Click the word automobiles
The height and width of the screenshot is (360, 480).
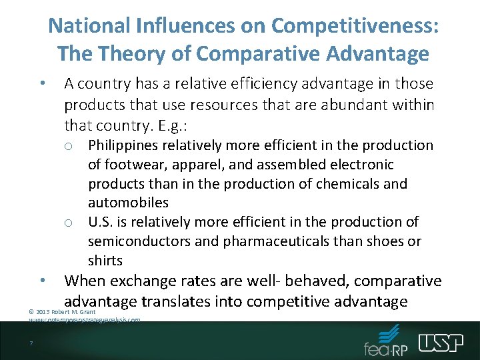[128, 202]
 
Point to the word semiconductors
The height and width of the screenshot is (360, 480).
[137, 241]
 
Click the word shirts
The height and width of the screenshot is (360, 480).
[105, 259]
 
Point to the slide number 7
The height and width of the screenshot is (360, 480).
[31, 344]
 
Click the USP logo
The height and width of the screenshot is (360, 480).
[441, 343]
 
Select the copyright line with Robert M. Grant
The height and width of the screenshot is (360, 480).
[63, 312]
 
